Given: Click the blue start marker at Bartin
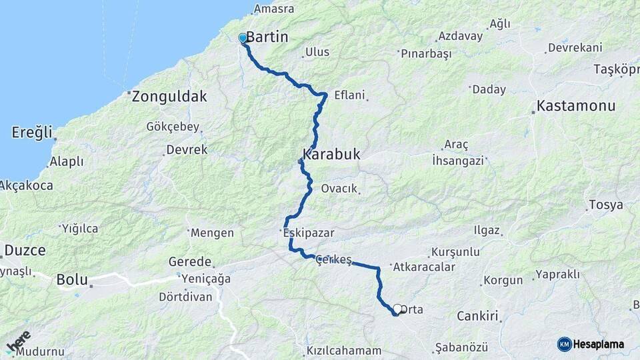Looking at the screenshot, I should (243, 39).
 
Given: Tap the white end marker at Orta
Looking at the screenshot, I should (397, 309).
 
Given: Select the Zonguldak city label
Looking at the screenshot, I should (169, 97).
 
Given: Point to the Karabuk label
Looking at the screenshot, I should (331, 155).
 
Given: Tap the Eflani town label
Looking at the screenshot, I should (349, 95).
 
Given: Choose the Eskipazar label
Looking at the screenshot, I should (308, 233).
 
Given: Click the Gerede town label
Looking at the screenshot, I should (189, 262).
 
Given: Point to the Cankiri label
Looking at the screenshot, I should (478, 316).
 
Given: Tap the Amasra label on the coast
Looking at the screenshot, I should (274, 9).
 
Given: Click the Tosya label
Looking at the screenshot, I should (605, 205).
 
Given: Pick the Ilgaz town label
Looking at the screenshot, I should (485, 231).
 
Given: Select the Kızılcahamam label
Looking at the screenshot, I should (344, 351).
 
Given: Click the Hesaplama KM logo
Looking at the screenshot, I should (590, 344).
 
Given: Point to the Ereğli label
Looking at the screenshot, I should (31, 133).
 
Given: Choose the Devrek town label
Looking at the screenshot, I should (187, 150).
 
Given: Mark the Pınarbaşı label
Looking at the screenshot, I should (427, 53).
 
